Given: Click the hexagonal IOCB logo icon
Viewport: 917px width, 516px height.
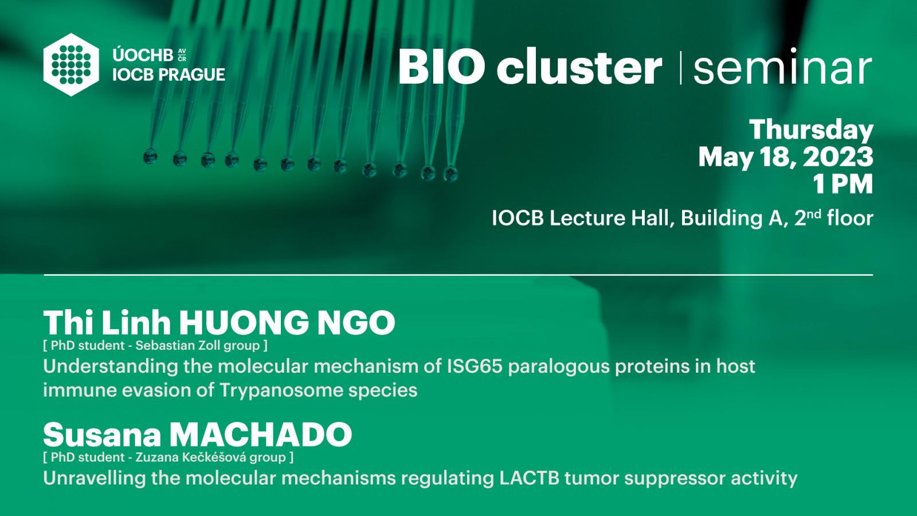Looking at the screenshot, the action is (71, 65).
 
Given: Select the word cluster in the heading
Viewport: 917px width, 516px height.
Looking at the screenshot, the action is (579, 66).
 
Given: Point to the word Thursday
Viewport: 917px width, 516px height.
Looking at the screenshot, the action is (811, 131).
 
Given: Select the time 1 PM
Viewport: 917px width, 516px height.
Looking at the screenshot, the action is (843, 184).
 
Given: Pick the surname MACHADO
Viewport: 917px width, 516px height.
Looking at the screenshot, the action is (261, 435).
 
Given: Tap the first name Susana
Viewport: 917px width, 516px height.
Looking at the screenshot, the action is (102, 435).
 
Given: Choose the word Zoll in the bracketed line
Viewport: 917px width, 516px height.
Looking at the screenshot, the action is (209, 346).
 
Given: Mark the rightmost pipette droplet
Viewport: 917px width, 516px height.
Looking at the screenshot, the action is (450, 174).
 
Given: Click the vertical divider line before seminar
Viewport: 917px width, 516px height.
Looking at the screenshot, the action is (680, 68).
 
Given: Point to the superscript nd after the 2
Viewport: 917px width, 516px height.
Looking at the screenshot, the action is (814, 213).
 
